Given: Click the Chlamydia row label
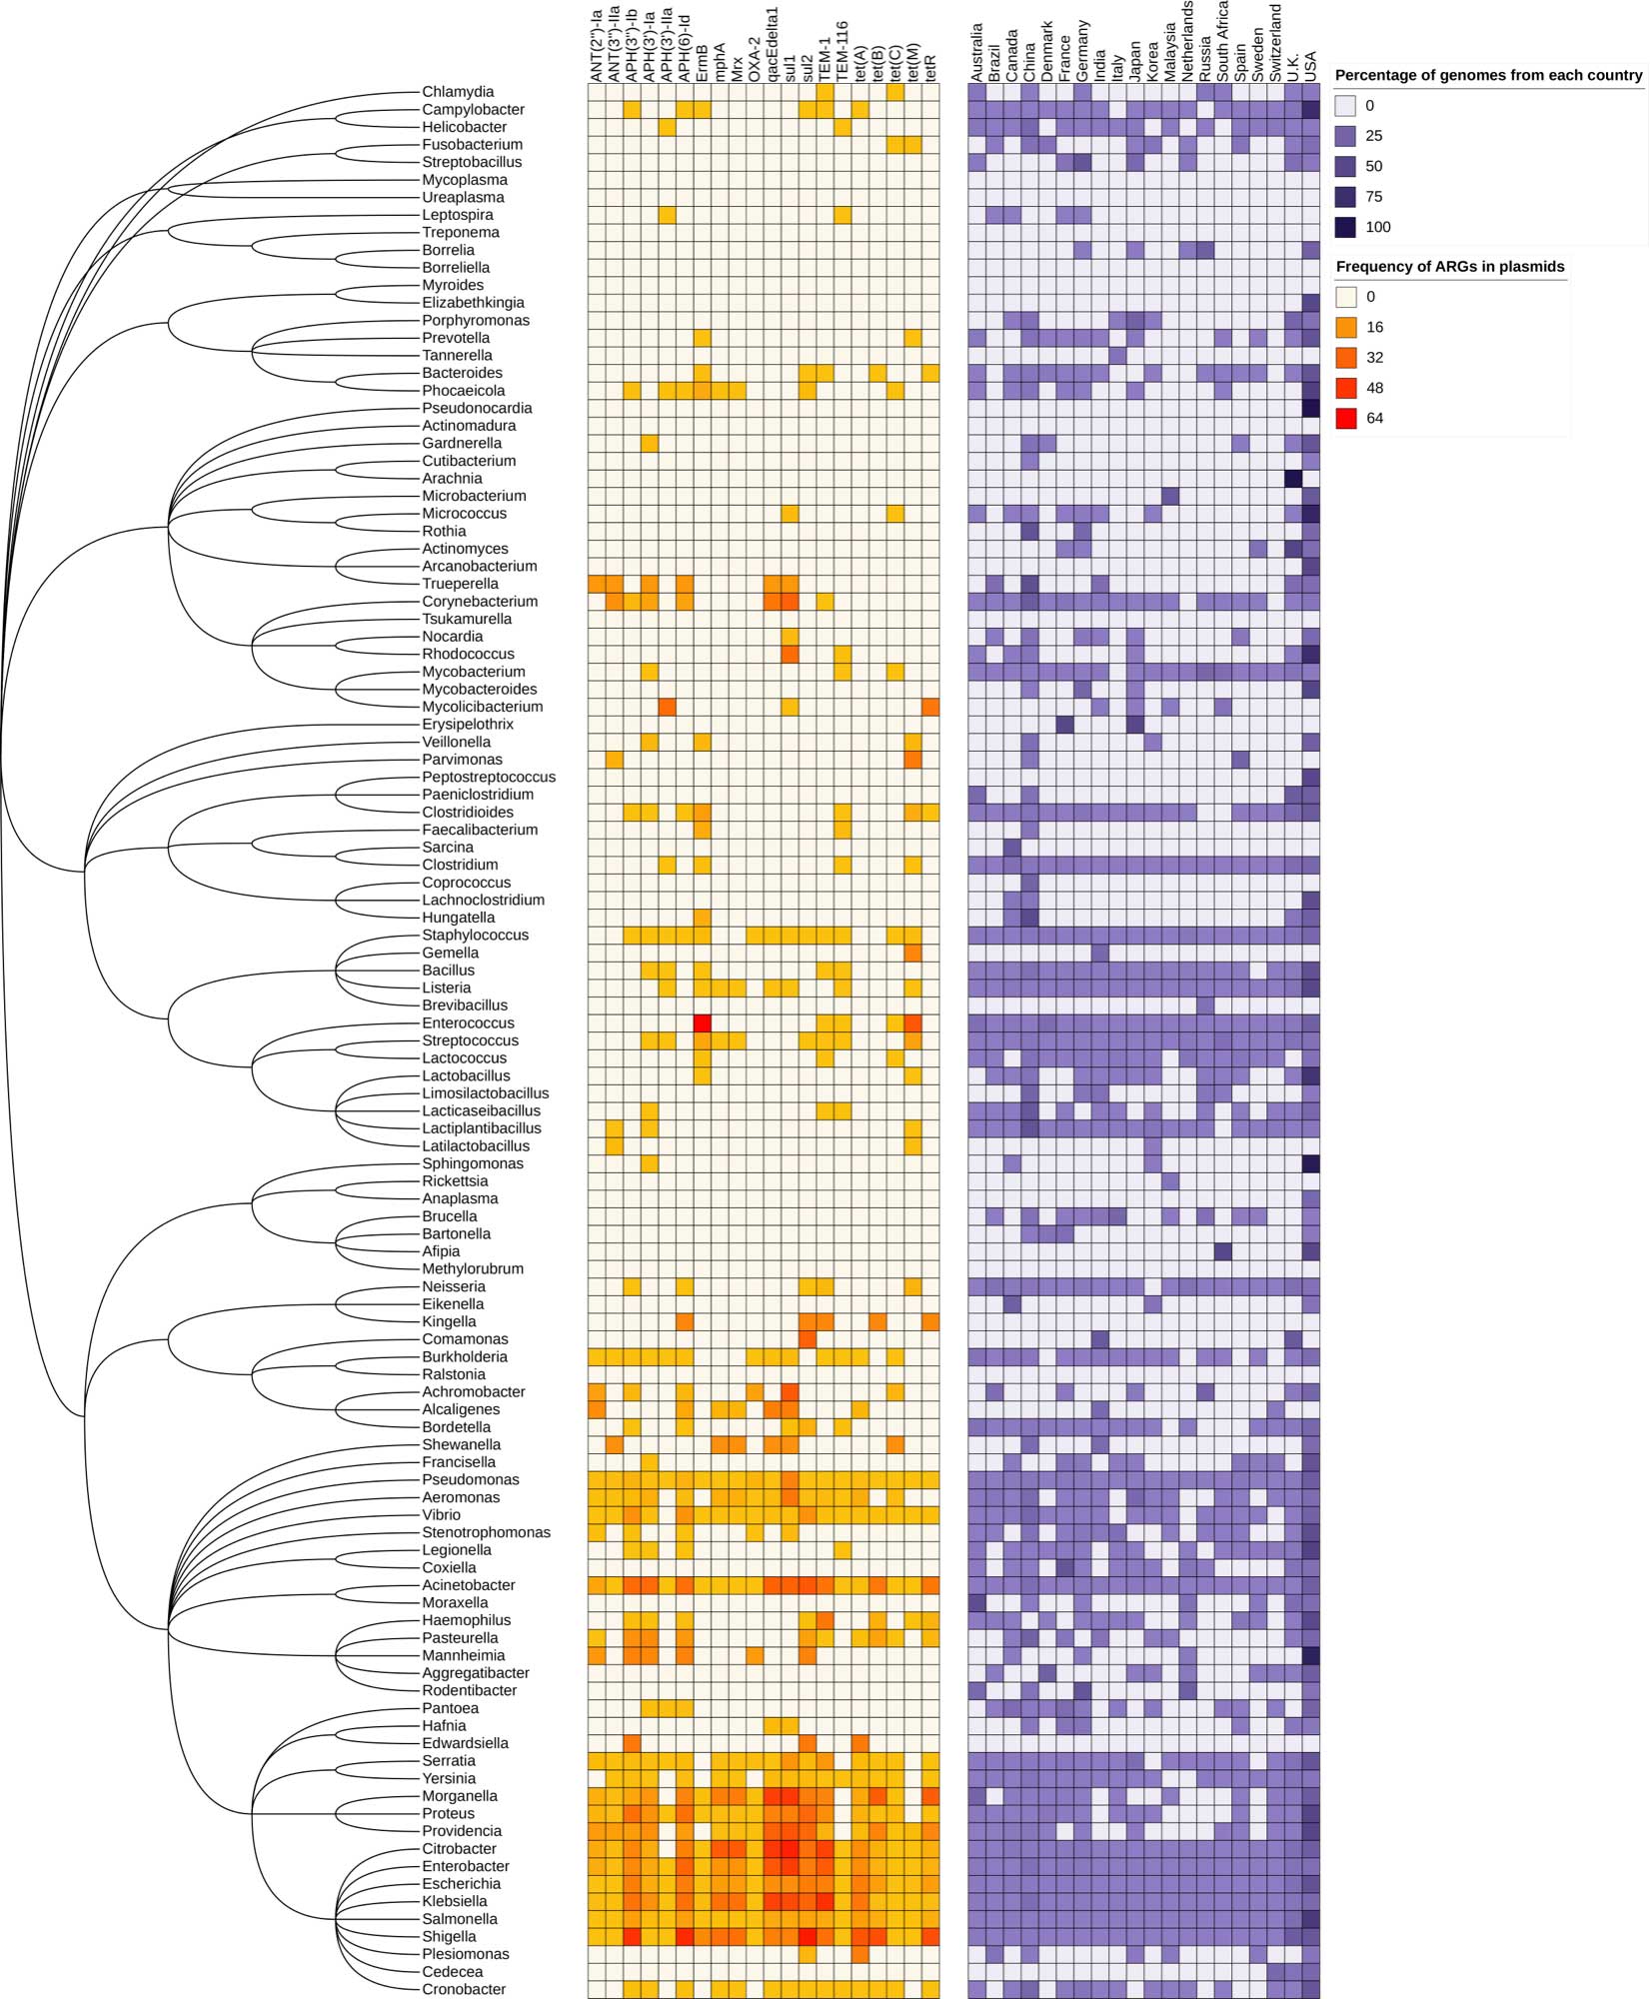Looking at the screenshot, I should click(458, 92).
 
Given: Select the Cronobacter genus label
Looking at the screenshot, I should click(464, 1989).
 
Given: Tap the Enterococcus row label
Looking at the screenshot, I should click(468, 1022).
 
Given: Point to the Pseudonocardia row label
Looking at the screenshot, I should click(477, 408).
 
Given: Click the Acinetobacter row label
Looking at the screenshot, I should click(469, 1585).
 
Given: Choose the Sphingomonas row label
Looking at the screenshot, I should click(472, 1163).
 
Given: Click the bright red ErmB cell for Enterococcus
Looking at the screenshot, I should click(703, 1022).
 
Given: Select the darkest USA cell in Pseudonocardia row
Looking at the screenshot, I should click(1311, 408).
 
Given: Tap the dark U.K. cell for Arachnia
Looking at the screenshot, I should click(1293, 478).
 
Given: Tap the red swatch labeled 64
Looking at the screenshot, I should click(1346, 418).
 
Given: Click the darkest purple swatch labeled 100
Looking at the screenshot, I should click(1346, 227).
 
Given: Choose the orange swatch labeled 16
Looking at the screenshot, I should click(1346, 327).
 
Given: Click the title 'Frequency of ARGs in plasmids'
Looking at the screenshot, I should click(1449, 266).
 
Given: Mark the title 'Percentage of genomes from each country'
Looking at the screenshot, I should click(1488, 75).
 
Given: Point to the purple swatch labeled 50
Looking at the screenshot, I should click(1346, 166).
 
